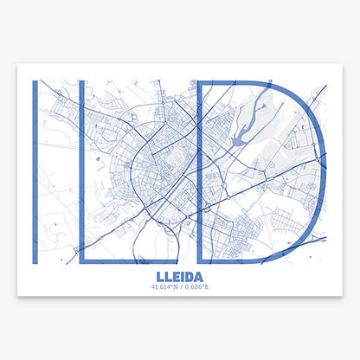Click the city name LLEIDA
[179, 278]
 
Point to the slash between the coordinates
[180, 287]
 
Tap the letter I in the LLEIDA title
[182, 278]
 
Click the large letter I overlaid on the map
[34, 172]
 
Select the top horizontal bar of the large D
[234, 82]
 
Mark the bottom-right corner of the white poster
[343, 295]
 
